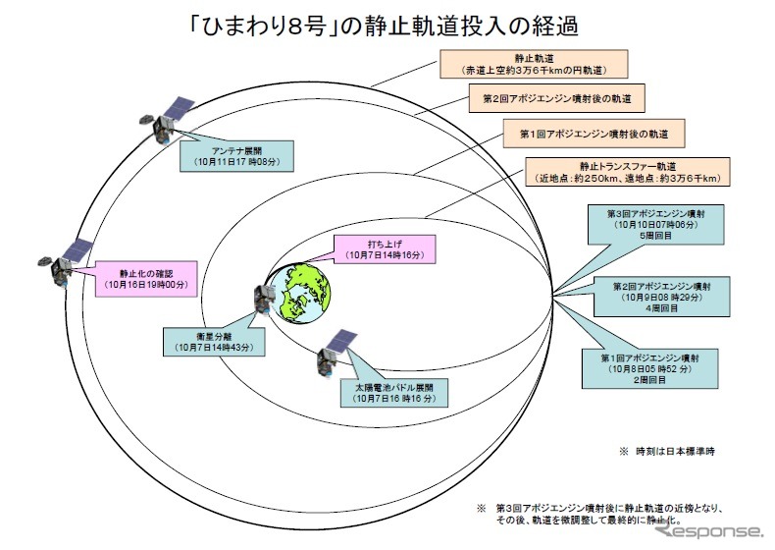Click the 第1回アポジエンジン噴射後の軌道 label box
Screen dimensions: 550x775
[594, 133]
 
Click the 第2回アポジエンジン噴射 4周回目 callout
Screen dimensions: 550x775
[670, 296]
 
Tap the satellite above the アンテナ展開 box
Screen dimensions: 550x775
[173, 118]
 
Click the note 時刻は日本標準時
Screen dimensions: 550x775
[671, 451]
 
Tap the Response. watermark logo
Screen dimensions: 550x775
[707, 530]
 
